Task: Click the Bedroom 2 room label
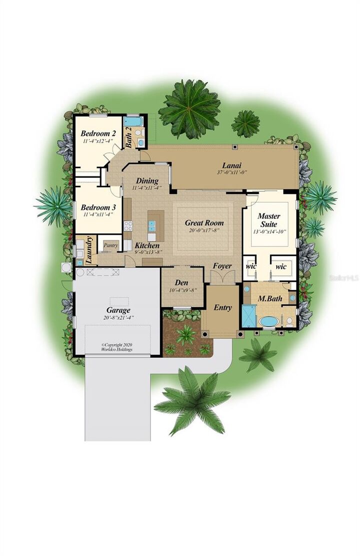98,133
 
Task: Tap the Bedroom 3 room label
98,207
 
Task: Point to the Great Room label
204,223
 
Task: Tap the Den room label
181,283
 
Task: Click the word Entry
222,308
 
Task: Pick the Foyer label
222,266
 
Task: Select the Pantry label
110,245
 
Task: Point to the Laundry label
89,250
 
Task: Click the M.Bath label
270,299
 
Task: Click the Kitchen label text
147,246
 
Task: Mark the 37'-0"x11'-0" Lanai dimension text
232,172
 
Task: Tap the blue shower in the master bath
248,315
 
